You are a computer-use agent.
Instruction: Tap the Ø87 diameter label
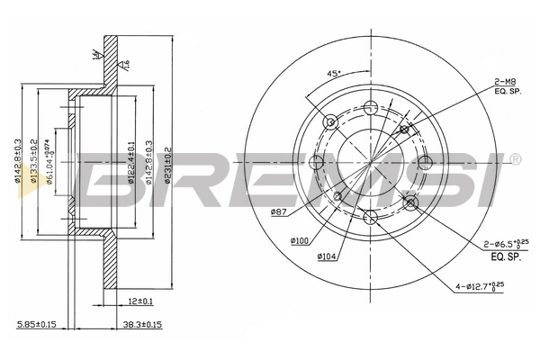tap(278, 211)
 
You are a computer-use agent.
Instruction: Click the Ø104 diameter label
tap(328, 256)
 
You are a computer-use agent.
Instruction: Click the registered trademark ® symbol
tap(515, 159)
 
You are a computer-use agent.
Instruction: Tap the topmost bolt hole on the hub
tap(370, 108)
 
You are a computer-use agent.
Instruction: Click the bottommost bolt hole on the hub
tap(370, 215)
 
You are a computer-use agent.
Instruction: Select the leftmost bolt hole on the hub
tap(316, 162)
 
